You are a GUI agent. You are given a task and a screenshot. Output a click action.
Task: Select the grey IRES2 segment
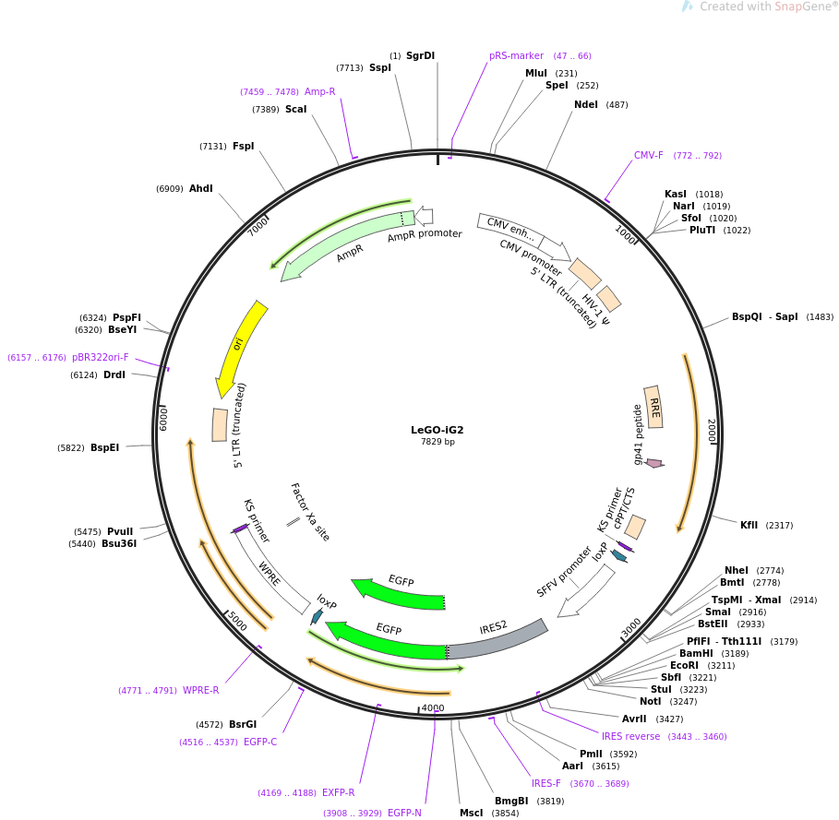(x=497, y=639)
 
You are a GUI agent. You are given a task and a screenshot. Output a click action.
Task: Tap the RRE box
(x=653, y=407)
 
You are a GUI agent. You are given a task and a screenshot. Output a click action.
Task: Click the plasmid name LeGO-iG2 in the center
(x=437, y=430)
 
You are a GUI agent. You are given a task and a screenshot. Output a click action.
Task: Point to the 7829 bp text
(x=437, y=442)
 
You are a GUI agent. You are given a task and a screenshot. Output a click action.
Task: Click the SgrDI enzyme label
(x=420, y=55)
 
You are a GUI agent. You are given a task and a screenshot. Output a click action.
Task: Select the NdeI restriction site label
(x=586, y=104)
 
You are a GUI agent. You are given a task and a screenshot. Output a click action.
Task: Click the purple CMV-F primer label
(x=649, y=155)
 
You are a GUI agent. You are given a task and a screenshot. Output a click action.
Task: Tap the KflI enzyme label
(x=749, y=525)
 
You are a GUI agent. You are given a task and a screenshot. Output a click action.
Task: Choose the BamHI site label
(x=696, y=653)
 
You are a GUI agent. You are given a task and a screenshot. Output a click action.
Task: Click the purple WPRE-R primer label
(x=200, y=690)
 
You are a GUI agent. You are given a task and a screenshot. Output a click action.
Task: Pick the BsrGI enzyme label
(x=243, y=724)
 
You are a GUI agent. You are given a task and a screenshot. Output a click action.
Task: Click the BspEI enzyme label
(x=105, y=447)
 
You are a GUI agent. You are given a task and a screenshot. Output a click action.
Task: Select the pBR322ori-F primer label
(x=101, y=357)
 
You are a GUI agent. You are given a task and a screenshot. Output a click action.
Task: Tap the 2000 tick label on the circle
(x=712, y=431)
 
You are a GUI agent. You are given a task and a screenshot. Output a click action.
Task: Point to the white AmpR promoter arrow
(x=425, y=216)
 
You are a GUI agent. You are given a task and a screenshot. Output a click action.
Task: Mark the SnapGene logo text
(x=766, y=6)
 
